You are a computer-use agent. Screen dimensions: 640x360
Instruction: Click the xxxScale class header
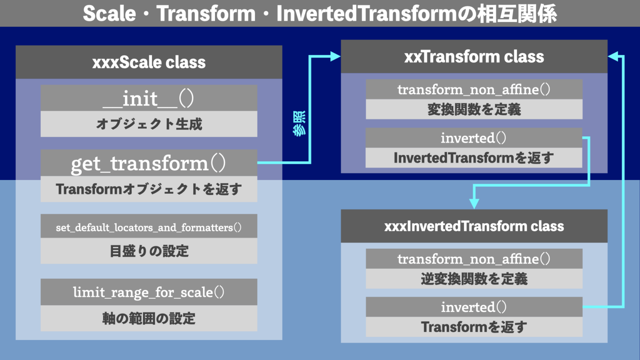149,62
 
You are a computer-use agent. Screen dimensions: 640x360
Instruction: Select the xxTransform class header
474,57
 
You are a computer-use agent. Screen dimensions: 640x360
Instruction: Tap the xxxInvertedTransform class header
474,226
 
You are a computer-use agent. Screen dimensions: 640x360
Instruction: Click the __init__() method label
149,98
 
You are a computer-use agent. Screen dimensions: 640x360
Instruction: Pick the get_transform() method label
149,163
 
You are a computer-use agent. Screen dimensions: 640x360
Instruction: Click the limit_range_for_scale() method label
149,292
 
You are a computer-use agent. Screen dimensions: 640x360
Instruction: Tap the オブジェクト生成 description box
149,124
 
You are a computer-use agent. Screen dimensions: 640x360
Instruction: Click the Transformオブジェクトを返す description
149,189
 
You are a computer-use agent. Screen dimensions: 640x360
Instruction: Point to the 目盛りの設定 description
149,251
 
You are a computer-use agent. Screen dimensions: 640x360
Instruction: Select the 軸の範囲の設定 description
149,318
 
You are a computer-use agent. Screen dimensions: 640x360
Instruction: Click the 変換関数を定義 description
474,109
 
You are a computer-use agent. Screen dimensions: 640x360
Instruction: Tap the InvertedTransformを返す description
474,158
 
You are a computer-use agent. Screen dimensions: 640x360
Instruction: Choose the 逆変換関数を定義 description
474,279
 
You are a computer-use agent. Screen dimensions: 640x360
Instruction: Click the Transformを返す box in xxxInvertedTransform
474,327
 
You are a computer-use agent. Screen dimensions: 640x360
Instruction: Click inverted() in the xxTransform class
474,138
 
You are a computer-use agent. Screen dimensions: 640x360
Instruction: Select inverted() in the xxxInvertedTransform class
474,307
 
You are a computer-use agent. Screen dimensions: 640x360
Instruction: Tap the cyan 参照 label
299,123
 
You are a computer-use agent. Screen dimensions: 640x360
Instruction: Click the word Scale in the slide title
109,14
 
